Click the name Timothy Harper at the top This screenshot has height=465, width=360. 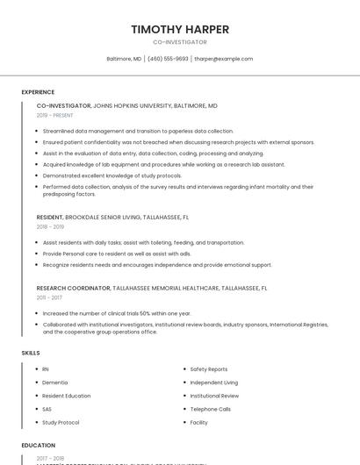(180, 29)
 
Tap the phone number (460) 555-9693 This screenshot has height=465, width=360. (168, 59)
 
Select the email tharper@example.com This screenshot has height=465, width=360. (224, 59)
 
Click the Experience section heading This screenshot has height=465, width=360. (38, 92)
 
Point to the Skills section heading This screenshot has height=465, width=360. (31, 352)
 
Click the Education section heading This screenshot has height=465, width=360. (39, 445)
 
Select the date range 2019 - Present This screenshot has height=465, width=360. (55, 115)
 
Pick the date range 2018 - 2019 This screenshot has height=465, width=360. (50, 226)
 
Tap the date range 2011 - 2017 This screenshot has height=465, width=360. (50, 297)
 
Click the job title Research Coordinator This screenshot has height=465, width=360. (74, 288)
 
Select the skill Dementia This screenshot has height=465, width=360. (54, 383)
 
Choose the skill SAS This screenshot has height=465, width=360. (47, 409)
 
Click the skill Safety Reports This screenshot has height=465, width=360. (209, 369)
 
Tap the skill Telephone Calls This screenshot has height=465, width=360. (211, 409)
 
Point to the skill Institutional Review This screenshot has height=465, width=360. (214, 396)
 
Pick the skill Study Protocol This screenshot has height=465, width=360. (61, 422)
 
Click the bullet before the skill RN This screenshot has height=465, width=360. (35, 369)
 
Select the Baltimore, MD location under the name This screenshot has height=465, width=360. (124, 59)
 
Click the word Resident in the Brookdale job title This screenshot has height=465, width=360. (49, 217)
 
